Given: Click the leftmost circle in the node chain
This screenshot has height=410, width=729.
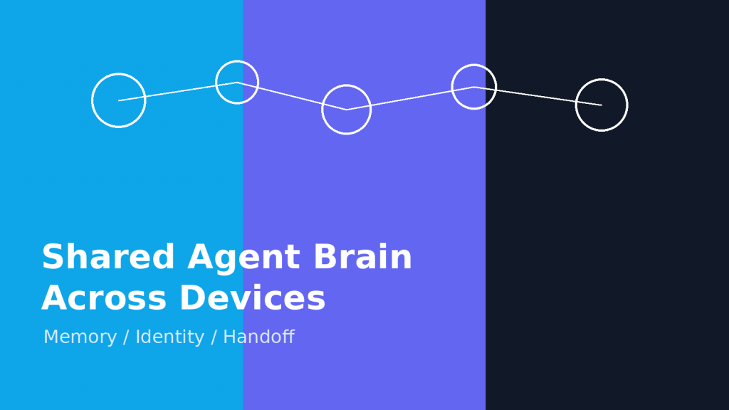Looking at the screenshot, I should click(119, 100).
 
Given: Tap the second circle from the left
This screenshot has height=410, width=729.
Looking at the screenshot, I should click(237, 83).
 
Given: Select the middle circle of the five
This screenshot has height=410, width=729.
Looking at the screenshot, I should click(347, 110).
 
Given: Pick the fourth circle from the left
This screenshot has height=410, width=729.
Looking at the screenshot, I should click(474, 87).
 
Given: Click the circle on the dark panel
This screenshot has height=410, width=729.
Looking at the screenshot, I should click(602, 105).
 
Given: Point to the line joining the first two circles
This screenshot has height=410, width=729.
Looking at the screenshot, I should click(178, 92).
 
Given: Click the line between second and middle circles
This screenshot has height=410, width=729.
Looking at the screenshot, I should click(292, 96).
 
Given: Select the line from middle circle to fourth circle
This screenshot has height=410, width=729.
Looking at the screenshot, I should click(410, 98).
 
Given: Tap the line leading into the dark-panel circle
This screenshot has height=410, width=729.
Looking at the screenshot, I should click(537, 96).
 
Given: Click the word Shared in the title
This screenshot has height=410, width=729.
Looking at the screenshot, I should click(108, 258).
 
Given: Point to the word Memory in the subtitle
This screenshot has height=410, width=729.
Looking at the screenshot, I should click(80, 337).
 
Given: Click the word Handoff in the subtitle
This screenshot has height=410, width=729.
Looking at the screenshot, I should click(258, 337).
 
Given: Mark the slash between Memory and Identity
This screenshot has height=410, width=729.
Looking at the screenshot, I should click(126, 337).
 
